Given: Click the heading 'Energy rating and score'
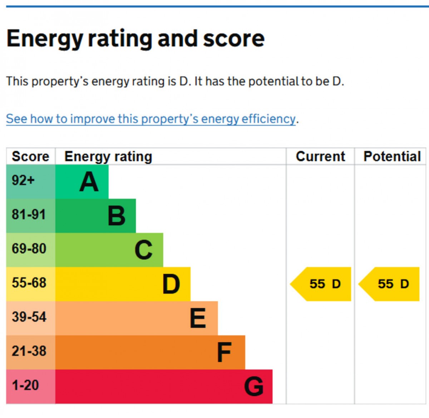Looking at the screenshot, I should click(135, 39).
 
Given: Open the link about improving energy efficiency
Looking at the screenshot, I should click(151, 119).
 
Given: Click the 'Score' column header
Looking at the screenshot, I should click(30, 157).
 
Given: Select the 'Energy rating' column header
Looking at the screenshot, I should click(108, 157).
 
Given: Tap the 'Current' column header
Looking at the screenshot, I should click(320, 157).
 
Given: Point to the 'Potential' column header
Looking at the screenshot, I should click(392, 157).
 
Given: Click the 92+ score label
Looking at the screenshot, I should click(23, 180).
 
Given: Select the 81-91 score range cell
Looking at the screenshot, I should click(29, 215).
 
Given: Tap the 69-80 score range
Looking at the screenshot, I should click(29, 249).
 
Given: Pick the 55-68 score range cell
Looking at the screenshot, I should click(29, 283).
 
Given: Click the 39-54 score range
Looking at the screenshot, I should click(29, 317).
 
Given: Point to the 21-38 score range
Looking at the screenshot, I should click(29, 351).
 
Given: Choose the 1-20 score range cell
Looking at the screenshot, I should click(25, 385).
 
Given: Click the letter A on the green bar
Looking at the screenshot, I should click(89, 182).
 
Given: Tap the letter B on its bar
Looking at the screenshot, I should click(117, 216).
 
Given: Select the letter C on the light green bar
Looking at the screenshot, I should click(144, 250).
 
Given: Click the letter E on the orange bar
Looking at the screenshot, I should click(198, 318).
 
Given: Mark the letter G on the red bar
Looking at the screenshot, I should click(254, 387).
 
